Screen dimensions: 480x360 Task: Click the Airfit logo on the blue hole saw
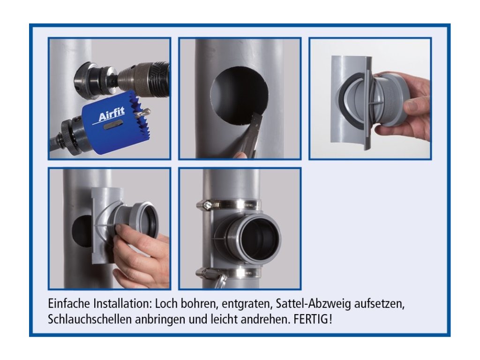pyautogui.click(x=111, y=116)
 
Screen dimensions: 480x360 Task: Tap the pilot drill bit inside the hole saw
pyautogui.click(x=143, y=113)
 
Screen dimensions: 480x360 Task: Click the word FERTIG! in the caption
pyautogui.click(x=313, y=319)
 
